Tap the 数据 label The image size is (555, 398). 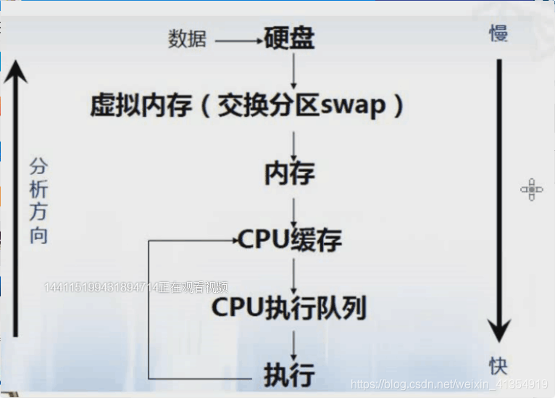[x=188, y=39]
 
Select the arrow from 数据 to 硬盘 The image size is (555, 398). [x=239, y=41]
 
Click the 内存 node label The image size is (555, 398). [x=290, y=174]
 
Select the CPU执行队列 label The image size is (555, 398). [x=289, y=307]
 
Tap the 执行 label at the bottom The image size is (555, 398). [x=289, y=375]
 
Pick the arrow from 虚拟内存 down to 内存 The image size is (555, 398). [x=293, y=144]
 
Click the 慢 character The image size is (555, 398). [x=498, y=33]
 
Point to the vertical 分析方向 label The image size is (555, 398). [x=38, y=202]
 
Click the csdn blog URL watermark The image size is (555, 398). [x=448, y=384]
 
